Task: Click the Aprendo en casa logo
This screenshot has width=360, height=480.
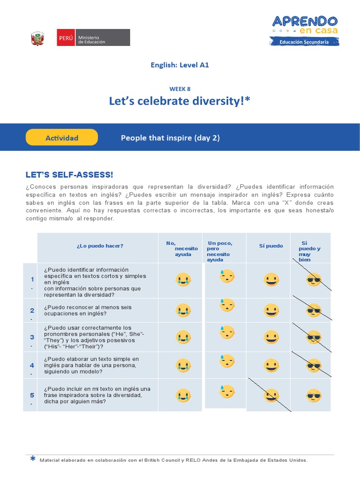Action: click(305, 30)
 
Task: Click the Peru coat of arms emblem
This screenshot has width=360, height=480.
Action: click(37, 38)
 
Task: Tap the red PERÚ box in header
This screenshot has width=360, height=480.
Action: click(65, 38)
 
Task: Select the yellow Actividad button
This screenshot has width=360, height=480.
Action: click(61, 138)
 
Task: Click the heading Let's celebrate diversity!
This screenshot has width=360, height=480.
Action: click(180, 101)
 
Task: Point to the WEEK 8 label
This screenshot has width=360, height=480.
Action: click(180, 89)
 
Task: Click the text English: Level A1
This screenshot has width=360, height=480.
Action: click(180, 65)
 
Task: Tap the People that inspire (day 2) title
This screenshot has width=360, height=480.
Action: click(170, 138)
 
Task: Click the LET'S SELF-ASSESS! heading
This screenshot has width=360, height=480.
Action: click(69, 175)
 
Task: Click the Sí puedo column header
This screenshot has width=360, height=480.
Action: click(271, 246)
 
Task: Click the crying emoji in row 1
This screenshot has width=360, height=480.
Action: click(182, 280)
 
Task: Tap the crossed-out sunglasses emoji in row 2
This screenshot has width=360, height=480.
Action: click(313, 310)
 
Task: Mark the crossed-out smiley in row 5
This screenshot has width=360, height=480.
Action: click(270, 396)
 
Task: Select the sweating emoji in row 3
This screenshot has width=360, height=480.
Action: click(227, 333)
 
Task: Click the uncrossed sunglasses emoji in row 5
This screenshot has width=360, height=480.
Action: click(313, 396)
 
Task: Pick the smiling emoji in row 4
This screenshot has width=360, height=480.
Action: click(270, 366)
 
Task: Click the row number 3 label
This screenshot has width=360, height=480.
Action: click(32, 337)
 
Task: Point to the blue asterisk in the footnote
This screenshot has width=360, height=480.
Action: click(32, 459)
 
